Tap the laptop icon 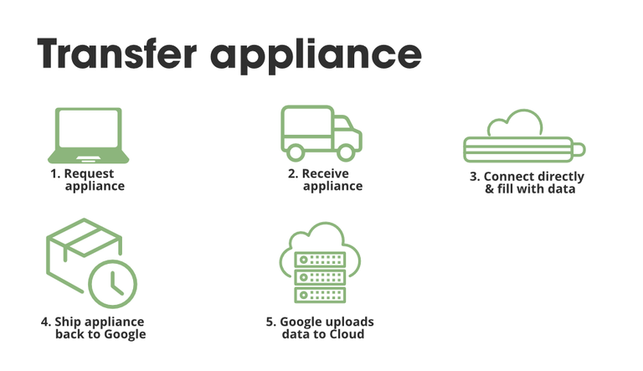point(87,136)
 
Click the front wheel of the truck point(345,152)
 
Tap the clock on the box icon point(113,283)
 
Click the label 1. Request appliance point(88,180)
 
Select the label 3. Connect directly point(527,177)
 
